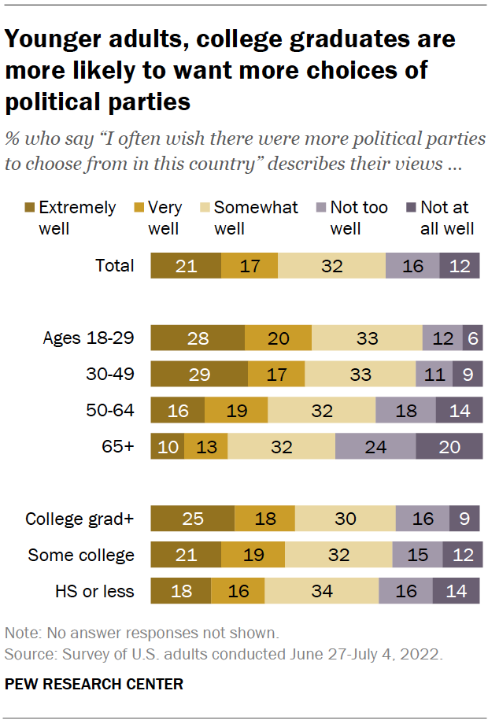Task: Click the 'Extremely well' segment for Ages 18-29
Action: coord(197,338)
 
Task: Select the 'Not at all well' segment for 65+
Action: coord(449,446)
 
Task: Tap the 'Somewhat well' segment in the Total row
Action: coord(331,266)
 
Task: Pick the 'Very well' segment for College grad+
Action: coord(264,519)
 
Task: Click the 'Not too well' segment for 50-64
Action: coord(405,410)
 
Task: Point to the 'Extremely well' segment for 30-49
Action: coord(198,374)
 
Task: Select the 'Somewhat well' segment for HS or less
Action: coord(321,591)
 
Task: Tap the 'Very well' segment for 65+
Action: coord(205,446)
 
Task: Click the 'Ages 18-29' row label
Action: coord(88,338)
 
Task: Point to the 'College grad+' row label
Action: coord(79,519)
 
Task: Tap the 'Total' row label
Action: coord(115,266)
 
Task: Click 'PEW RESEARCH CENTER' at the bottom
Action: coord(94,684)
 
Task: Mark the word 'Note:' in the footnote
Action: coord(23,633)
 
